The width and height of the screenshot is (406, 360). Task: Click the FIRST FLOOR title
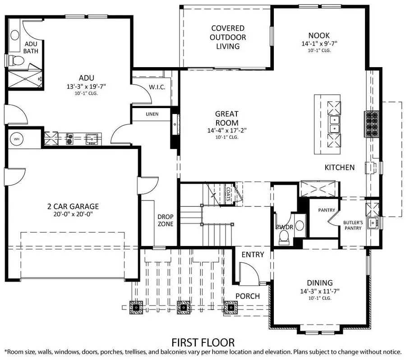[203, 343]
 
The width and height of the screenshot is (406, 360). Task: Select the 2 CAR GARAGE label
[73, 207]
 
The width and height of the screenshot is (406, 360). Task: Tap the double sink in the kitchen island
[334, 124]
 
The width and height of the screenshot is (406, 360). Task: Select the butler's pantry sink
[373, 222]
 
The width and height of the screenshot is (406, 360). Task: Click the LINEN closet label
[152, 114]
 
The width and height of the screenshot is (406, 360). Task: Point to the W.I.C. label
[157, 87]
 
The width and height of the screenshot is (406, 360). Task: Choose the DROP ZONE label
[166, 220]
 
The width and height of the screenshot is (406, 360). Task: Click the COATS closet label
[228, 194]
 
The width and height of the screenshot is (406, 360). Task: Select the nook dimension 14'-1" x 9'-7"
[319, 44]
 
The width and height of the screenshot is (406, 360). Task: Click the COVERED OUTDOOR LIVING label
[228, 37]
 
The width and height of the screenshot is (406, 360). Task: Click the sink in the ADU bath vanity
[14, 35]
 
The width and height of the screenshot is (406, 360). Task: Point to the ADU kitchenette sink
[92, 138]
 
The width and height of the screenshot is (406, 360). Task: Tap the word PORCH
[248, 296]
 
